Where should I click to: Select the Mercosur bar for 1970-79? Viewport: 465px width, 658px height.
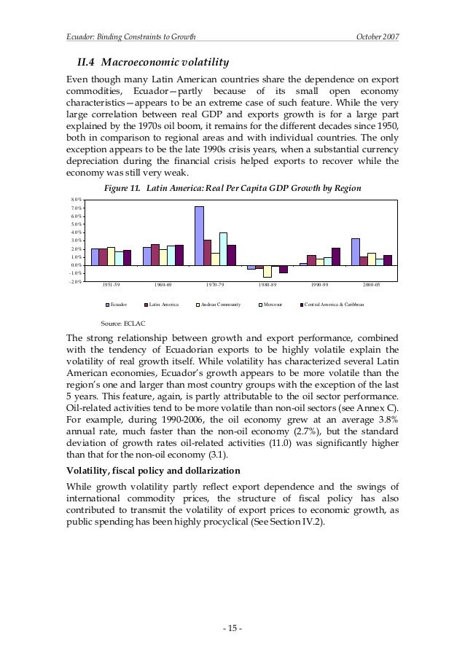click(x=223, y=248)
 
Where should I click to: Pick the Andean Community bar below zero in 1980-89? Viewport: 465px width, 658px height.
click(x=267, y=271)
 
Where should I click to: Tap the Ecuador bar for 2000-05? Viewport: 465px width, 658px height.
click(x=355, y=251)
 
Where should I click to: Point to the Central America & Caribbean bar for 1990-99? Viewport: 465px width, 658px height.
click(x=335, y=256)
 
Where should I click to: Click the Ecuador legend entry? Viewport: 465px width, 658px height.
click(x=117, y=304)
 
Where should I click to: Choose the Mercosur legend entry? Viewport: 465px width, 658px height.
click(x=272, y=304)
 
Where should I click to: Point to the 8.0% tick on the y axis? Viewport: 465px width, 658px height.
click(x=74, y=200)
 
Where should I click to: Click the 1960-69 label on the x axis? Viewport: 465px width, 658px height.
click(x=164, y=286)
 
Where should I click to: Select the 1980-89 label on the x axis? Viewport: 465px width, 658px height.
click(x=267, y=286)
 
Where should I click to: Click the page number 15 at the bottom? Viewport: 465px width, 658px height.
click(x=232, y=627)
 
